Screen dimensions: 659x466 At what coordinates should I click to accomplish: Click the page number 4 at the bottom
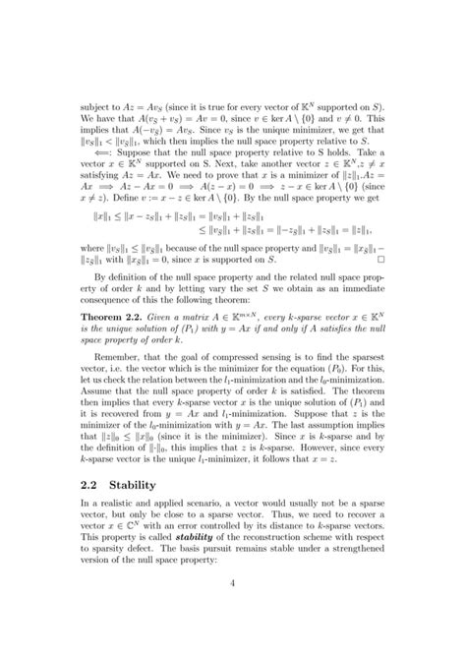[x=233, y=610]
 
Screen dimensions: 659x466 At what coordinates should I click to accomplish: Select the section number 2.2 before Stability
[x=93, y=480]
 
